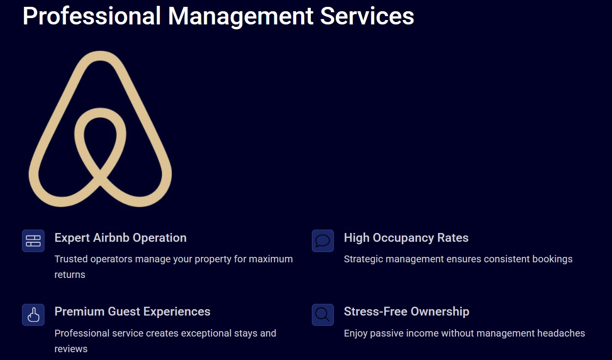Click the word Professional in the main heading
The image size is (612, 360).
pos(91,16)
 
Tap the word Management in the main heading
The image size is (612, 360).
pos(240,17)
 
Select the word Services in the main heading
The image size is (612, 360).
pos(367,16)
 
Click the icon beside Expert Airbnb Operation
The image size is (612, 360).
pos(33,241)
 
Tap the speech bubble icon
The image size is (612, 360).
pos(323,241)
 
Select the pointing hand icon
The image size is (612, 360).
pos(33,315)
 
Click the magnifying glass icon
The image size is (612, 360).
pos(323,315)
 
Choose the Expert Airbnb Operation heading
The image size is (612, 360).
pos(120,238)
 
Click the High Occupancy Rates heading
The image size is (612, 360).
pos(406,238)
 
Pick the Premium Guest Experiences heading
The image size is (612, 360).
pos(132,312)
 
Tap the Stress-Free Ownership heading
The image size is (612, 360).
pos(407,312)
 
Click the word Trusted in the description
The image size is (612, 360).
pos(71,259)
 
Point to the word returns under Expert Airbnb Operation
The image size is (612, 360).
pos(70,275)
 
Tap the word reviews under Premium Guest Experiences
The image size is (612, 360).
pos(71,349)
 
